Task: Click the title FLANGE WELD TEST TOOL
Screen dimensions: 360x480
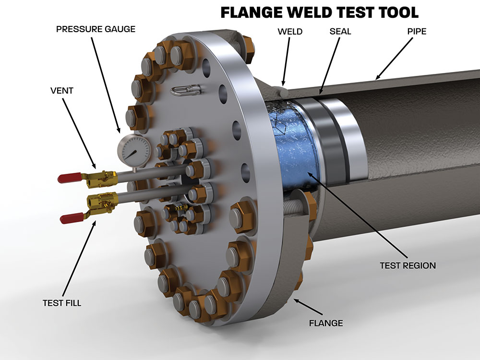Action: coord(319,12)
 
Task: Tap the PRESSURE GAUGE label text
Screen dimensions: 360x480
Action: coord(96,29)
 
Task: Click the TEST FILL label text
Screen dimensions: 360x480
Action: coord(61,302)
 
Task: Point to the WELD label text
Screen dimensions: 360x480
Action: coord(290,32)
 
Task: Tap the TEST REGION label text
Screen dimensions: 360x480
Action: coord(408,265)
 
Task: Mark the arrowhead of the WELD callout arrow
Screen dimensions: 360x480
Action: coord(283,84)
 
